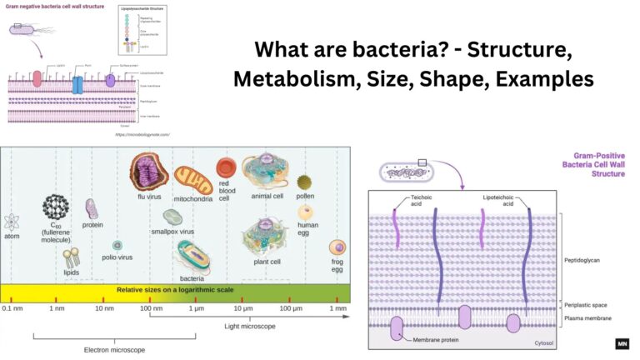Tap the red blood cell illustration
click(226, 169)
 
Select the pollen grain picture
click(306, 182)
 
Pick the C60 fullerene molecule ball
click(58, 207)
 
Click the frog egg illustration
click(337, 248)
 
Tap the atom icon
click(12, 222)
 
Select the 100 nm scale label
click(150, 308)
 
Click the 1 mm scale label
click(337, 308)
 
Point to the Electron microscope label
click(114, 349)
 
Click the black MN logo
click(622, 343)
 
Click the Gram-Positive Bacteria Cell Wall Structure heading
click(595, 164)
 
